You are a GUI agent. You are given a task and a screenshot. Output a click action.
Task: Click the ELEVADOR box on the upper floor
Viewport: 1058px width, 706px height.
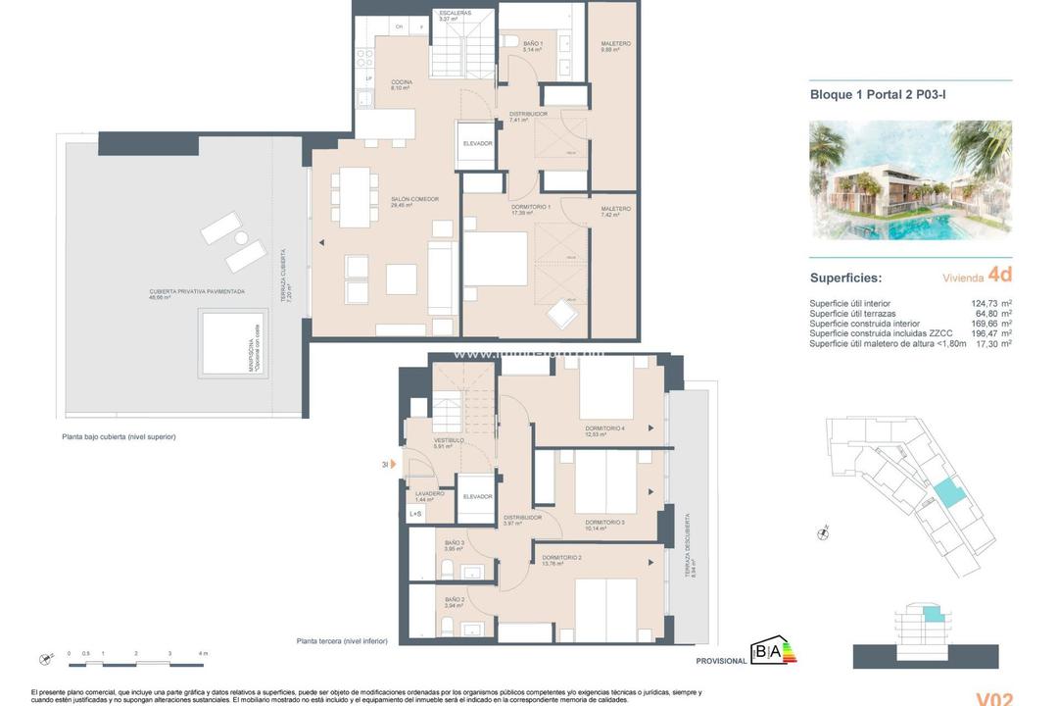click(x=478, y=143)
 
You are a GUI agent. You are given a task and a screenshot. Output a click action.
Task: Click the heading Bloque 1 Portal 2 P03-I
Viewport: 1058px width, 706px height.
click(x=877, y=95)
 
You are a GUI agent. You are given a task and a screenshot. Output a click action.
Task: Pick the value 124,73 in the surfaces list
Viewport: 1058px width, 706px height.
click(x=991, y=304)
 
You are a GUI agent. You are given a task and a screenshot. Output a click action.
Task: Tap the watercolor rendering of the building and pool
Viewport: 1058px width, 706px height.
click(x=910, y=180)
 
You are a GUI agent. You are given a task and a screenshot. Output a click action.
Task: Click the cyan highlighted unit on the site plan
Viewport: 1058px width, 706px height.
click(x=948, y=494)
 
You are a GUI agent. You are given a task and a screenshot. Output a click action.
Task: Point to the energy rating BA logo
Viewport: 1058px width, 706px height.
click(x=772, y=651)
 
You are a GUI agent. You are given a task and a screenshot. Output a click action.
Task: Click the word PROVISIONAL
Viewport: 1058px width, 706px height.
click(x=721, y=661)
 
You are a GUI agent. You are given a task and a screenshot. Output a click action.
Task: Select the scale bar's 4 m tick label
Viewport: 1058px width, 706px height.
click(x=202, y=653)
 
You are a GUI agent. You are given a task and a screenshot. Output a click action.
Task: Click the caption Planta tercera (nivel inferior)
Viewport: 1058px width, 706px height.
click(x=342, y=641)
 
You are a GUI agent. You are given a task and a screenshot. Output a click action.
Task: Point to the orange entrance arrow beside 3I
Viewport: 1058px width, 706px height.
click(x=393, y=464)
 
